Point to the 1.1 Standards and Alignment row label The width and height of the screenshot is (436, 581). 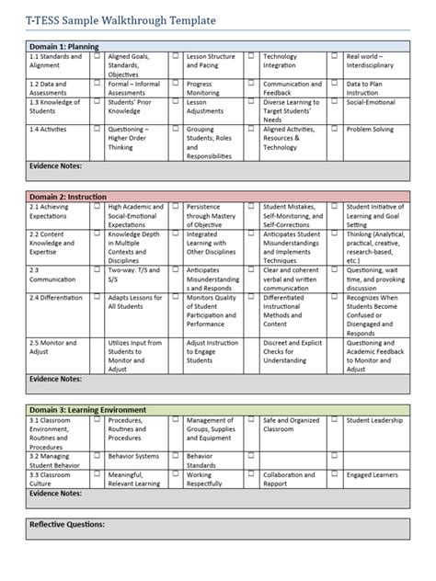[x=55, y=62]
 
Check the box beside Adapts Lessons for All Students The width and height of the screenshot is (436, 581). [x=98, y=299]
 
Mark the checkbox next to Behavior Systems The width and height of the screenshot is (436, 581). [x=98, y=456]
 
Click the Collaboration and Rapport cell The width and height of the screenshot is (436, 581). [x=289, y=479]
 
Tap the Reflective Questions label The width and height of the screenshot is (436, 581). [x=65, y=525]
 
